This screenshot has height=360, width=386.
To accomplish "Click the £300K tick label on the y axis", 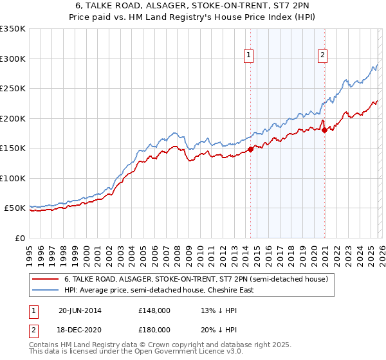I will tap(13, 59).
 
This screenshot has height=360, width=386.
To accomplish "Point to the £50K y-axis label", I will tap(15, 208).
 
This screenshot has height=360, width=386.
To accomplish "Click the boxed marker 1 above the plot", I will tap(249, 56).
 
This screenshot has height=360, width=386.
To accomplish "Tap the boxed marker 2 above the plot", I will tap(322, 56).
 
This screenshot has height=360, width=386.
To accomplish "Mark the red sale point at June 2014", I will tap(250, 150).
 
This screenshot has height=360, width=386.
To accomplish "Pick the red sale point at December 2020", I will tap(324, 130).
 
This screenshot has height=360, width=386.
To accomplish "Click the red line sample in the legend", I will tap(46, 280).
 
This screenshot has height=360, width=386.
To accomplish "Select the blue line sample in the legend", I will tap(46, 290).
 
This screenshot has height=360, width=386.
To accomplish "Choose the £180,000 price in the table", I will tap(154, 329).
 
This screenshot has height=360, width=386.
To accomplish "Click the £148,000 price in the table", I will tap(154, 310).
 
